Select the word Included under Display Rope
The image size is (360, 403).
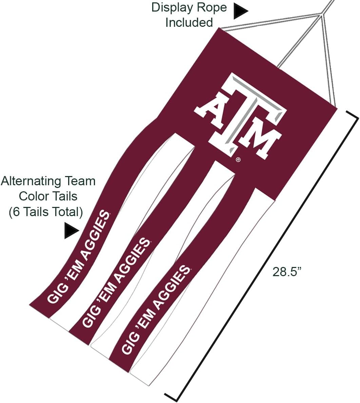coord(189,22)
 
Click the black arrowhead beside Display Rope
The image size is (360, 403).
coord(240,11)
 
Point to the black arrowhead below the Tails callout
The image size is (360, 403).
coord(72,231)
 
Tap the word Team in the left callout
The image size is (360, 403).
coord(80,181)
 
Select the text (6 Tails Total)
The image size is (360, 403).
coord(46,212)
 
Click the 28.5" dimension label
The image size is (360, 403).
coord(286,272)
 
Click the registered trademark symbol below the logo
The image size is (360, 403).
coord(238,160)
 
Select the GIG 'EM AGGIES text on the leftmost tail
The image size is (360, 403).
coord(79,257)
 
